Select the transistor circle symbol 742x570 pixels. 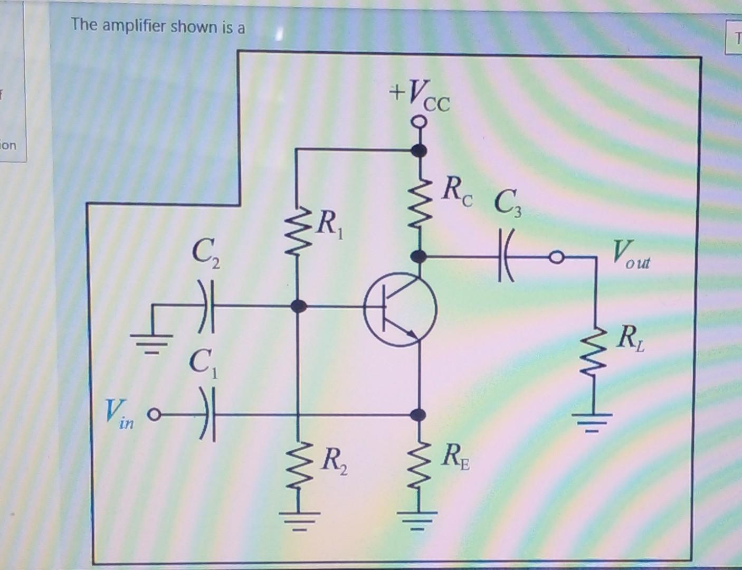coord(400,309)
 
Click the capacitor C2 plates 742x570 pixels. coord(207,306)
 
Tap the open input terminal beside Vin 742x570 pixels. coord(154,414)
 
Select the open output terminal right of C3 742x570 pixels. coord(555,258)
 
